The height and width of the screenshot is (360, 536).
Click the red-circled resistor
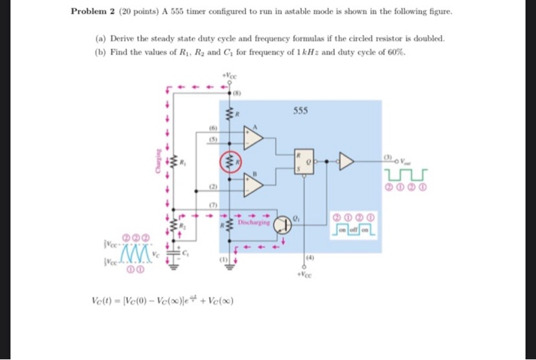pyautogui.click(x=227, y=162)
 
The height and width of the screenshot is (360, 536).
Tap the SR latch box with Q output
pyautogui.click(x=305, y=162)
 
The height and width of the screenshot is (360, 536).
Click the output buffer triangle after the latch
pyautogui.click(x=346, y=162)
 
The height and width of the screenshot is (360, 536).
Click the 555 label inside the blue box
pyautogui.click(x=300, y=110)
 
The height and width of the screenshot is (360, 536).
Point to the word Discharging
pyautogui.click(x=253, y=223)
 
